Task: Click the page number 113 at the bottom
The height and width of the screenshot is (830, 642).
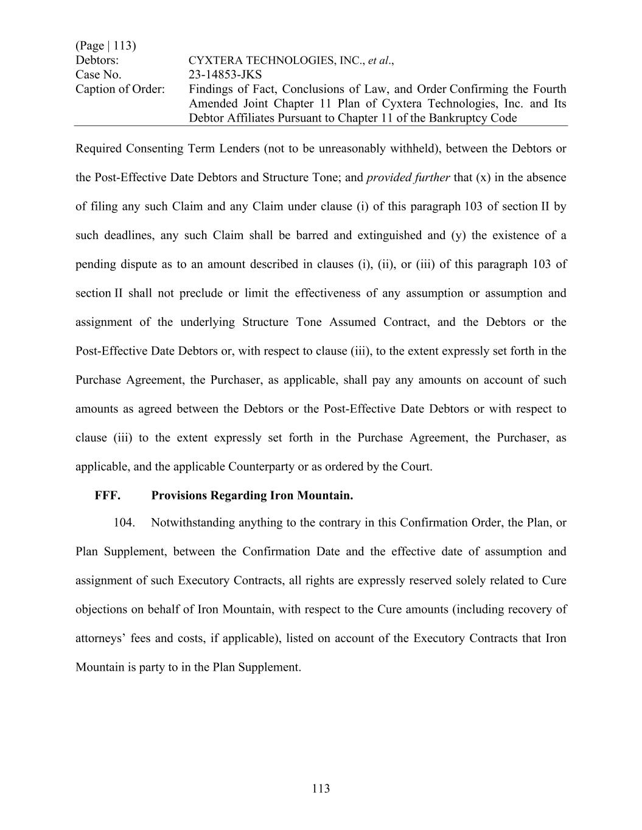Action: click(x=321, y=789)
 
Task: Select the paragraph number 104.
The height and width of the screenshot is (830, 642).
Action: click(x=124, y=523)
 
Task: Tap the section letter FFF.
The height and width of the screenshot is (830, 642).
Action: click(x=108, y=496)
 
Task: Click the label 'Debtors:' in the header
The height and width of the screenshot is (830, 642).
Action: click(x=97, y=60)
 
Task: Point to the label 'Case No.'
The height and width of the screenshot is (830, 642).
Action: click(x=98, y=75)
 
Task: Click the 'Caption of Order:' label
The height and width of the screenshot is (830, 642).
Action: click(x=120, y=89)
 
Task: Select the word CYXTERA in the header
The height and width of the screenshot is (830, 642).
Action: click(x=215, y=61)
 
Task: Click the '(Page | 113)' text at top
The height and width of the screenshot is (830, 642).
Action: click(x=106, y=46)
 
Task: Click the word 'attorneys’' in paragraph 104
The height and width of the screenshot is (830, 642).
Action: click(x=101, y=638)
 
